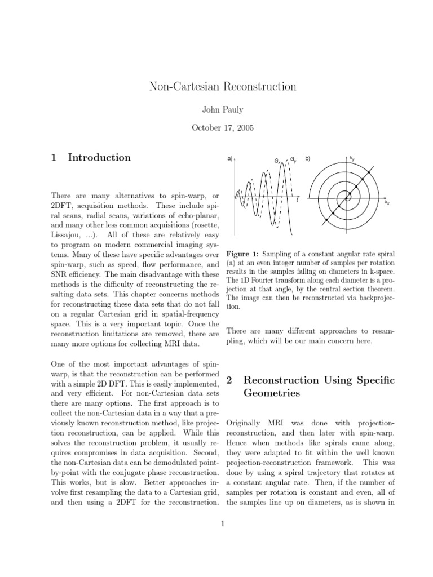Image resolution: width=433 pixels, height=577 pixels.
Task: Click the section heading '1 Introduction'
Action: [x=91, y=158]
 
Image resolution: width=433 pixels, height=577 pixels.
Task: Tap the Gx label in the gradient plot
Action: [x=277, y=161]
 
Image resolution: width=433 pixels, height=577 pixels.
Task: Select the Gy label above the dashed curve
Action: [x=293, y=161]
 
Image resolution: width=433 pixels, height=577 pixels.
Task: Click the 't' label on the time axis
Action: [x=298, y=199]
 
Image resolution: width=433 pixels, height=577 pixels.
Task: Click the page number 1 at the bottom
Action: [x=223, y=523]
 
